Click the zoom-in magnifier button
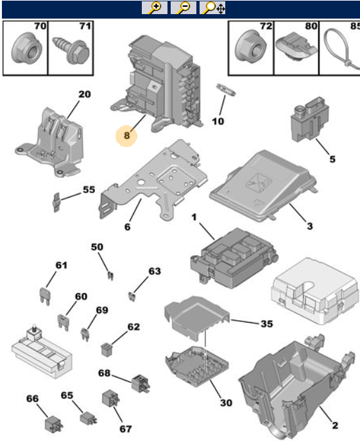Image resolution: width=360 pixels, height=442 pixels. [x=155, y=8]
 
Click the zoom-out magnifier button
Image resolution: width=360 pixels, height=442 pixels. [x=184, y=8]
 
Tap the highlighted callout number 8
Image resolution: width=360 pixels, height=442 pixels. [x=126, y=135]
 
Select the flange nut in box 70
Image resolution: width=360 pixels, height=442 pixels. [x=26, y=48]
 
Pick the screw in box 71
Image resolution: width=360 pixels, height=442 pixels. [x=71, y=51]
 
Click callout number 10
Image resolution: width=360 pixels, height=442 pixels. [x=218, y=121]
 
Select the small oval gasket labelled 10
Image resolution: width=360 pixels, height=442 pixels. [x=226, y=90]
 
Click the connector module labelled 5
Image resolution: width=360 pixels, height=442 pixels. [x=309, y=119]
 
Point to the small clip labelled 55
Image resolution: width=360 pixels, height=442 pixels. [x=56, y=202]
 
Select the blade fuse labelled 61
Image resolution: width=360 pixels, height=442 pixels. [x=44, y=296]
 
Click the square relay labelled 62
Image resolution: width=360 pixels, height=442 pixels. [x=107, y=350]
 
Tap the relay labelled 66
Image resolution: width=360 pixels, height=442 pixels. [x=54, y=424]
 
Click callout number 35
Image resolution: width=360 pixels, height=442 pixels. [x=266, y=324]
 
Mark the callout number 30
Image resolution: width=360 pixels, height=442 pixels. [x=226, y=403]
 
